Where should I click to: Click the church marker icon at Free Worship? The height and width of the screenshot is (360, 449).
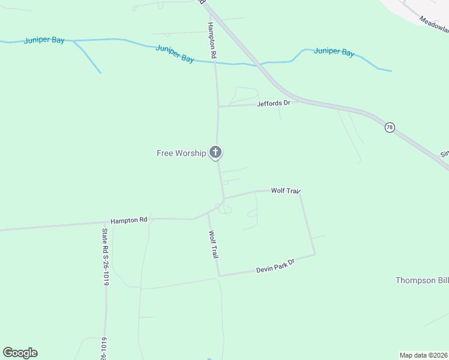tap(215, 152)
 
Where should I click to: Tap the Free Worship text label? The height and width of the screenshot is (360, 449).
tap(181, 153)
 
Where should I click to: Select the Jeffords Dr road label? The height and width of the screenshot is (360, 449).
tap(273, 103)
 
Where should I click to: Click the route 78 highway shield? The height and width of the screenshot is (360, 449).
tap(390, 128)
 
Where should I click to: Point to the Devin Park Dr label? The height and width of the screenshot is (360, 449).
tap(276, 266)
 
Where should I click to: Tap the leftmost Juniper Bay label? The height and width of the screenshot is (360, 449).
tap(44, 41)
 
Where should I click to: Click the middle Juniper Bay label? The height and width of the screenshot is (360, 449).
tap(175, 53)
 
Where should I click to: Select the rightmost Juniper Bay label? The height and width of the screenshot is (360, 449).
tap(334, 52)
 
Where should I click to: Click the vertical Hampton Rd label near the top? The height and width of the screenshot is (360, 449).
tap(212, 40)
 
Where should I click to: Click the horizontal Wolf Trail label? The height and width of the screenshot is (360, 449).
tap(285, 191)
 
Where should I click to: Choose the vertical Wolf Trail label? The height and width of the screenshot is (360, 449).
tap(212, 244)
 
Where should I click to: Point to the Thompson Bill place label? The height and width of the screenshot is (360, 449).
tap(422, 280)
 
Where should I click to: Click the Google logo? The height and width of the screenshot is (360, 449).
tap(20, 353)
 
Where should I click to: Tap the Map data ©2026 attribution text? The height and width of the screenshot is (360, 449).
tap(424, 355)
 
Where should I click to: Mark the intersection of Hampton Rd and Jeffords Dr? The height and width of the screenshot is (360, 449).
tap(218, 107)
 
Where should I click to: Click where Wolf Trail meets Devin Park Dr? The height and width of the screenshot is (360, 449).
tap(219, 276)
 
